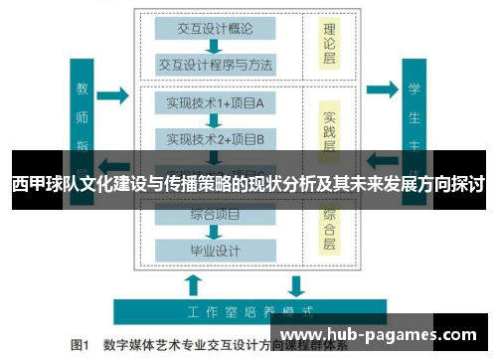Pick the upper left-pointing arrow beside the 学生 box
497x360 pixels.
coord(383,96)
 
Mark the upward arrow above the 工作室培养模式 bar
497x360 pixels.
coord(193,285)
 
